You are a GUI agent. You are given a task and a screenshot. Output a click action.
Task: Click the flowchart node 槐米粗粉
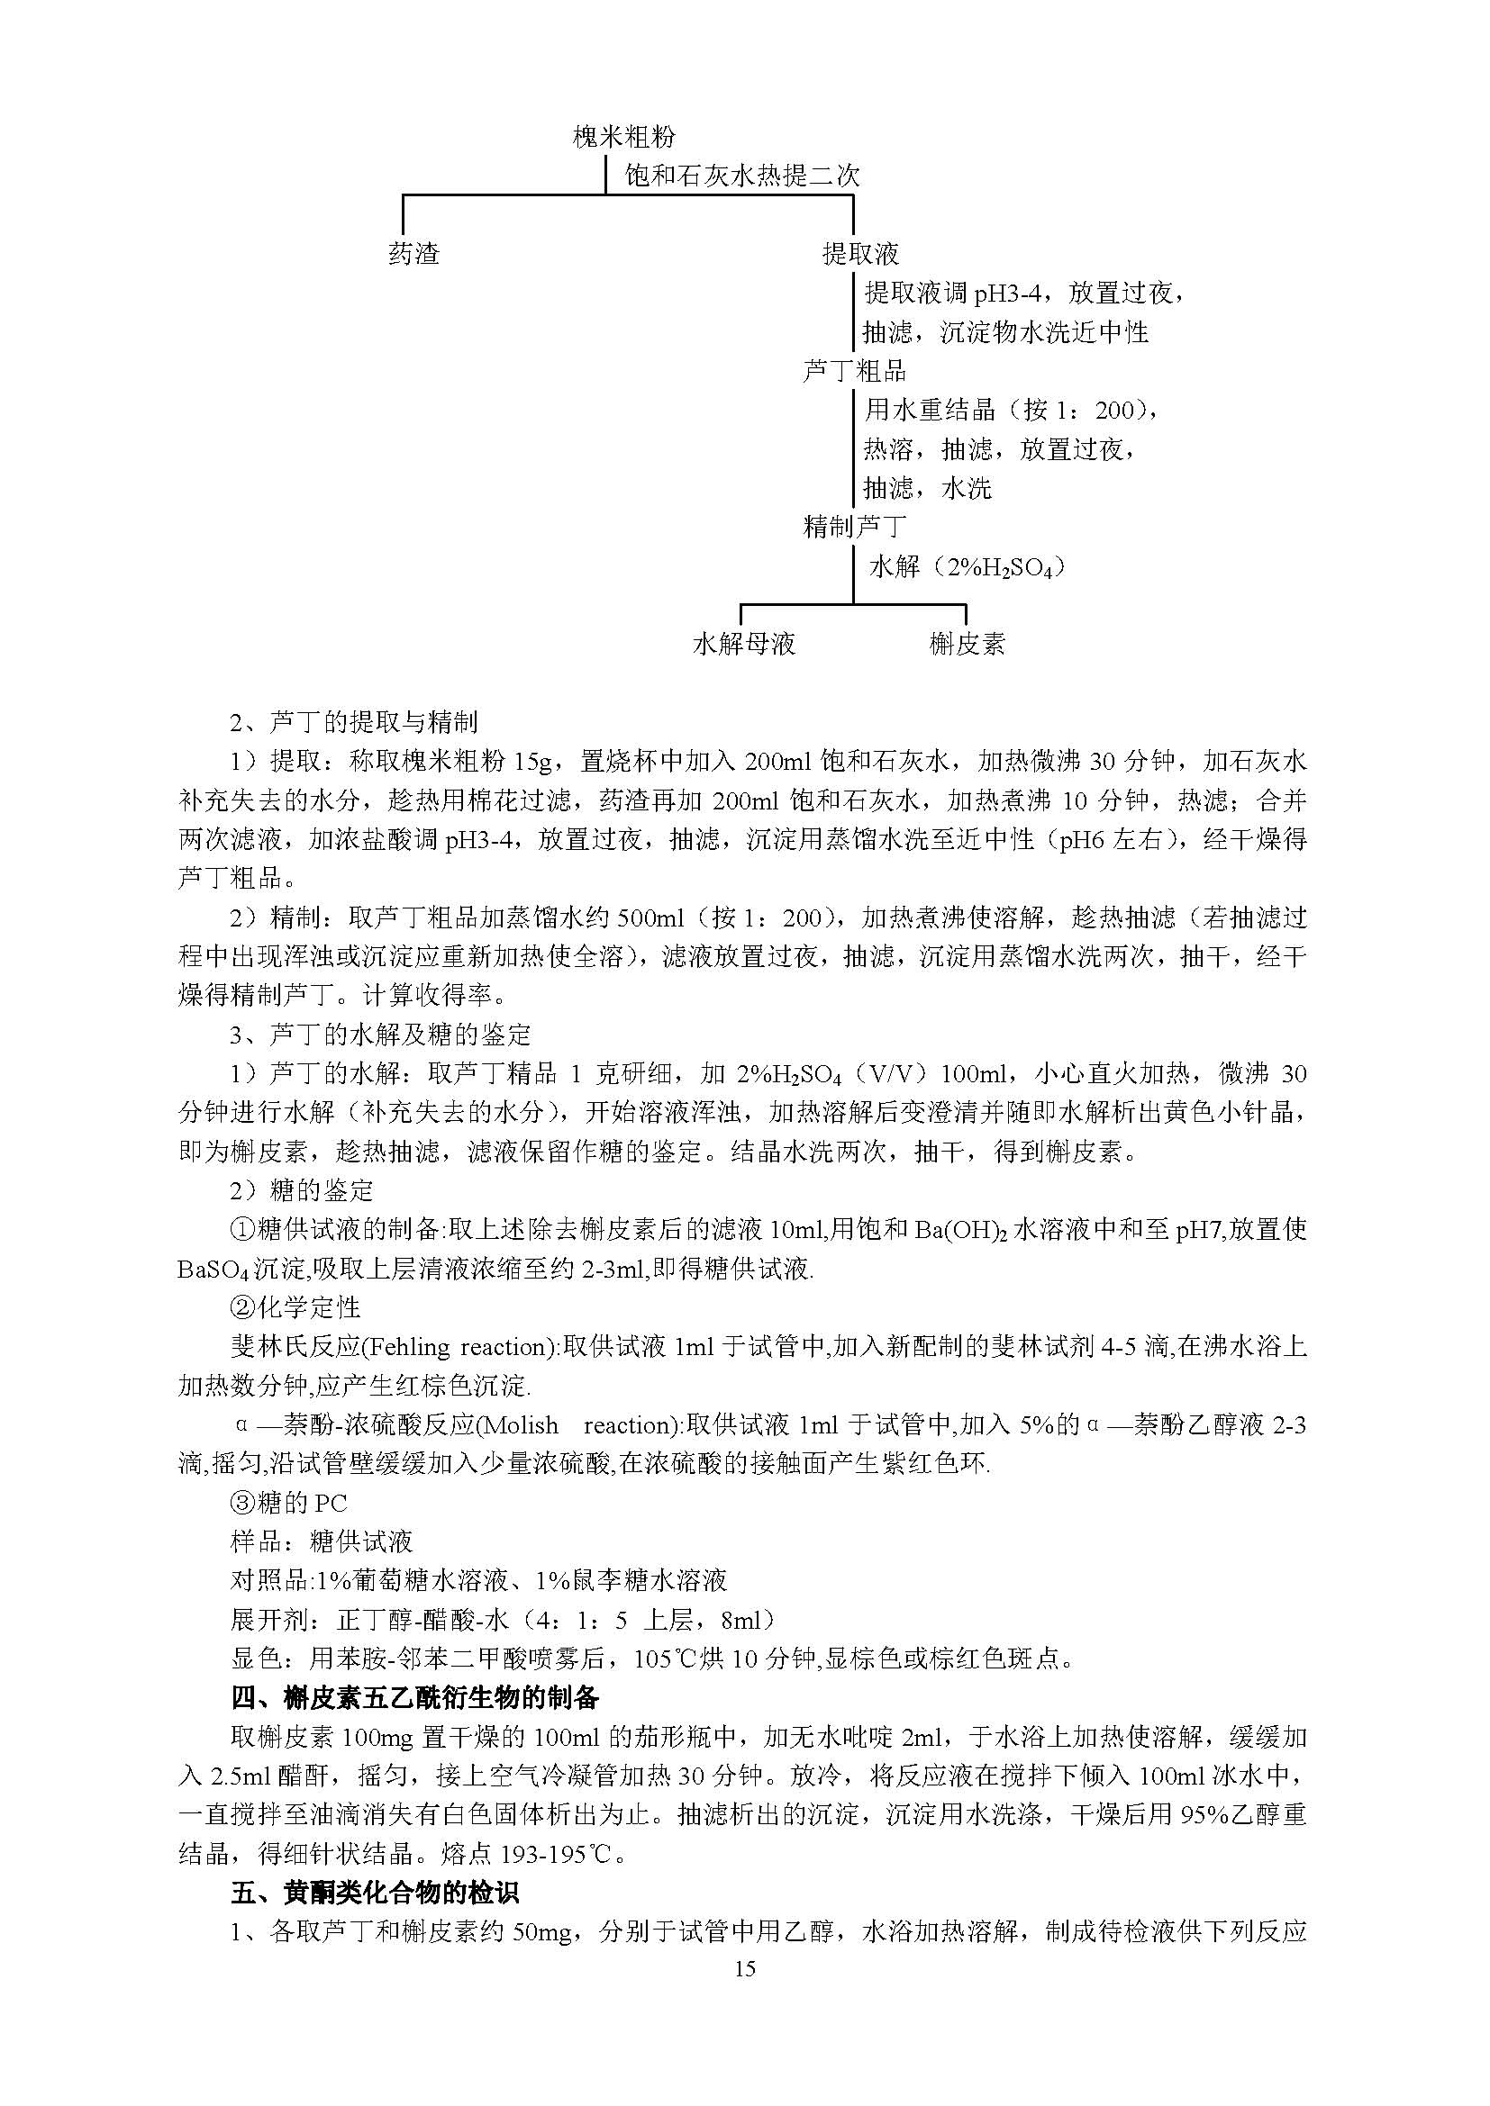tap(624, 138)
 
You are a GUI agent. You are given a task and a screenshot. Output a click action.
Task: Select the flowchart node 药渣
tap(413, 254)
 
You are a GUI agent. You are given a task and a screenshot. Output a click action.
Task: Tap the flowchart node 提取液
tap(859, 254)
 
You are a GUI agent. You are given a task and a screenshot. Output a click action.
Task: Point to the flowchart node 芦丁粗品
tap(854, 371)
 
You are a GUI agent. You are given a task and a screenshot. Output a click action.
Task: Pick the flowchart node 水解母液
tap(743, 644)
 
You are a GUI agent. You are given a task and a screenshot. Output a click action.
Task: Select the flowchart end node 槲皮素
tap(966, 644)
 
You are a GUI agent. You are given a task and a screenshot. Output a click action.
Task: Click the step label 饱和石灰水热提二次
tap(742, 176)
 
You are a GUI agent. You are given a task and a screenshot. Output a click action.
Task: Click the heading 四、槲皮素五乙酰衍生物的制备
tap(414, 1698)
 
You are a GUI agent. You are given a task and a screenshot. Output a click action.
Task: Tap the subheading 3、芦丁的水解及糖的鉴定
tap(380, 1035)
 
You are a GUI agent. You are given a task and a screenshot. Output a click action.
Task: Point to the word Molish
tap(518, 1425)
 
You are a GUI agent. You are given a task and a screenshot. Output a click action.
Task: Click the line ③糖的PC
tap(288, 1504)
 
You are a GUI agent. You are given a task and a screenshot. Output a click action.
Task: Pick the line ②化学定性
tap(295, 1308)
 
